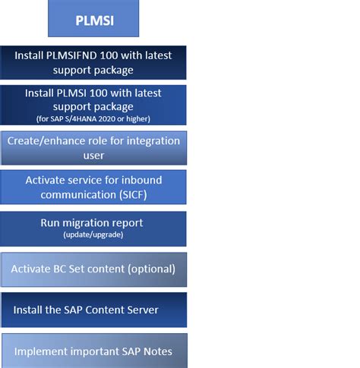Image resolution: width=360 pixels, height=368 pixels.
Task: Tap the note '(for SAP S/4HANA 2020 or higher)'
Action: pos(93,118)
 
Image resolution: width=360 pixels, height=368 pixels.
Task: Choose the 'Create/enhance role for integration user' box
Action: pos(93,148)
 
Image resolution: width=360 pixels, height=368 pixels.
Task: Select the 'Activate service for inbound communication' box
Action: pos(93,187)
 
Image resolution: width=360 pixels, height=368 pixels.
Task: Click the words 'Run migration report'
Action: pos(93,223)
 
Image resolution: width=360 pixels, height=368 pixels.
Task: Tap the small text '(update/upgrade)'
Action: pos(93,235)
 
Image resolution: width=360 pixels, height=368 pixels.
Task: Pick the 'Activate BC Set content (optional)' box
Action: pos(93,269)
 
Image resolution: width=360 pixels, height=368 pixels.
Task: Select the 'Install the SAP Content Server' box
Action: pos(93,310)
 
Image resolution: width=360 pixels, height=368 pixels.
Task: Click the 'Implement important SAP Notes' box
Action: pos(93,351)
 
